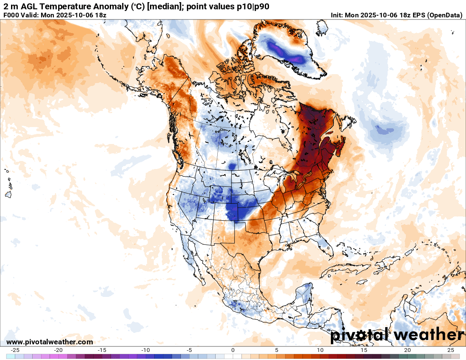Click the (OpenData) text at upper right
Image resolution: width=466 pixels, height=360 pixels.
coord(445,15)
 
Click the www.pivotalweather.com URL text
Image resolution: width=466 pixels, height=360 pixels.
coord(50,342)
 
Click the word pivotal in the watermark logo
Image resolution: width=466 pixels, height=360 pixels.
coord(359,335)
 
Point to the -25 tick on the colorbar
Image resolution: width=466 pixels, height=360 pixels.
coord(15,350)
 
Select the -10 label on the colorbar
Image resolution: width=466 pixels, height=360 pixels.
coord(146,350)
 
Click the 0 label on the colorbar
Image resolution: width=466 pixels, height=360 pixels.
coord(233,350)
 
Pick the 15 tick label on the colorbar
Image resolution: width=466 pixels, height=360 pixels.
coord(363,350)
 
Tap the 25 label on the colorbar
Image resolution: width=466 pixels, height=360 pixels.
coord(451,350)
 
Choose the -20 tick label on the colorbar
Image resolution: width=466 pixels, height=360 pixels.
coord(58,350)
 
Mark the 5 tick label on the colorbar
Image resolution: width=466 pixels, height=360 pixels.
coord(277,350)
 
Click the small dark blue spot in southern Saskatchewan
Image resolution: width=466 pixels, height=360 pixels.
coord(232,166)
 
